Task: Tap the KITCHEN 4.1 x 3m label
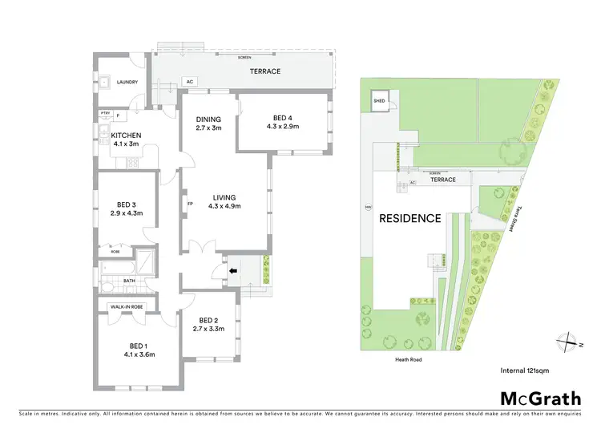tap(126, 140)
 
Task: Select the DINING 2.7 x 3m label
tap(208, 123)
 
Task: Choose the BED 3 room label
tap(123, 208)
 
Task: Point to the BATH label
tap(129, 281)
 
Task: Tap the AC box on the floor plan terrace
tap(189, 82)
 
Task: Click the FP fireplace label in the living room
tap(190, 204)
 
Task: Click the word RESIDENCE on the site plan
tap(409, 217)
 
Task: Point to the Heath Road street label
tap(409, 360)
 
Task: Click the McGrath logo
tap(541, 398)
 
